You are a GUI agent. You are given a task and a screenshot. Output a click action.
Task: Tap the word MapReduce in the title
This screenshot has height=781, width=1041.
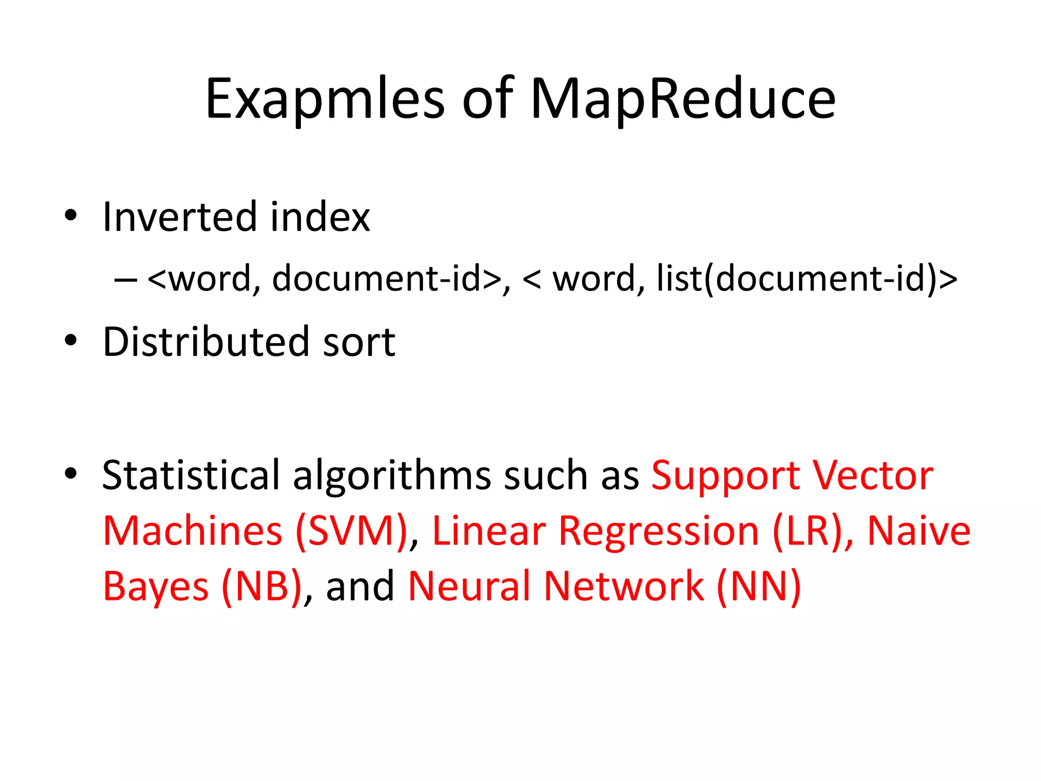682,99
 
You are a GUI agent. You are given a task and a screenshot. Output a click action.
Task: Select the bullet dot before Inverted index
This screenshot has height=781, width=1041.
71,216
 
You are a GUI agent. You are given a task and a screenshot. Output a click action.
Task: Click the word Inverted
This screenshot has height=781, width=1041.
179,217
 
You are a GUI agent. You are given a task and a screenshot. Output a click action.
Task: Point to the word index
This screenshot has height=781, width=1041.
320,217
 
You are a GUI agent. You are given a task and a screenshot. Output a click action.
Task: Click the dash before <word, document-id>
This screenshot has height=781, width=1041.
126,279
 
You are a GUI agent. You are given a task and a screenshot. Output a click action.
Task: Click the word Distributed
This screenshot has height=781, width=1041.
206,342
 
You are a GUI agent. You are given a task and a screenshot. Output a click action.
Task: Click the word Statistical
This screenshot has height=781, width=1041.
191,475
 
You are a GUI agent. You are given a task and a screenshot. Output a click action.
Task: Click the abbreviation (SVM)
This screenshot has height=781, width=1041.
352,531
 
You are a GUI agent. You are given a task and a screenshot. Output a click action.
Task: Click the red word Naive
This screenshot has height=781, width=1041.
918,531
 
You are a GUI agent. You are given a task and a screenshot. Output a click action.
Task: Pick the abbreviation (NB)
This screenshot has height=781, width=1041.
262,586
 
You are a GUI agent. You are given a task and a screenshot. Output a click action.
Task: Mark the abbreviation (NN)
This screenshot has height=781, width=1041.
758,586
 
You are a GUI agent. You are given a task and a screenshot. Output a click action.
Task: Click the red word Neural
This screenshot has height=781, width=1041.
469,586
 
